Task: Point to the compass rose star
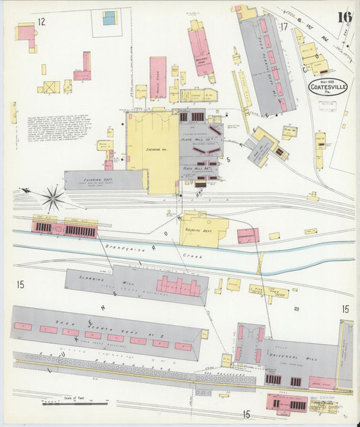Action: click(x=53, y=197)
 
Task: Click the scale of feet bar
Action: click(x=74, y=403)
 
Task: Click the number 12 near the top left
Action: click(x=41, y=22)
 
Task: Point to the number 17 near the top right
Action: click(x=284, y=26)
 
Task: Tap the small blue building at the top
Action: click(x=109, y=18)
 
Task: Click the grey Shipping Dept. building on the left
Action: click(x=105, y=180)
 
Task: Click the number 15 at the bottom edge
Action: click(x=247, y=413)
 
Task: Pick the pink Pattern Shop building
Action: click(x=158, y=76)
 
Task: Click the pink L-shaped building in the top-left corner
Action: click(x=27, y=34)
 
